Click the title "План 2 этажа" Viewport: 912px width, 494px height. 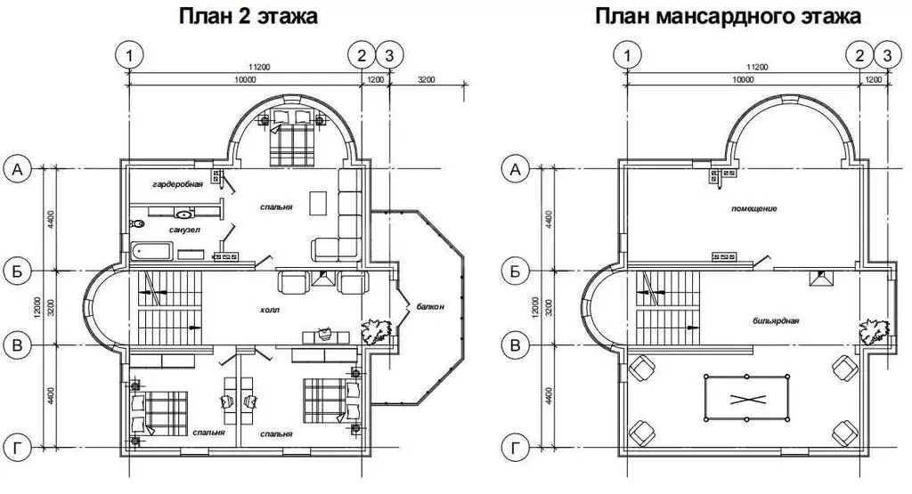248,17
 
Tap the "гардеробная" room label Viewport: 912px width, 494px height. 177,184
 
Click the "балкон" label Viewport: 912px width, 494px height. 429,309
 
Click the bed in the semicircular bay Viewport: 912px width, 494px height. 291,138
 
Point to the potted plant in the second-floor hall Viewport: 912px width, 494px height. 376,331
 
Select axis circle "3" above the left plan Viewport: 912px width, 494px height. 388,55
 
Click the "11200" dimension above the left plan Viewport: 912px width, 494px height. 258,67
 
